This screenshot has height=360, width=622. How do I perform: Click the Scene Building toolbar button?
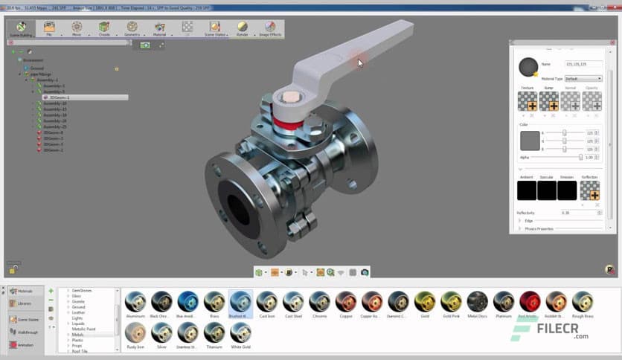(x=20, y=29)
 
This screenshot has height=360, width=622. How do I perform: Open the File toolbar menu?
(x=49, y=29)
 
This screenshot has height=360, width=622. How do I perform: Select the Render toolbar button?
(x=242, y=29)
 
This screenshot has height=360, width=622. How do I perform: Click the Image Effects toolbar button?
(x=269, y=29)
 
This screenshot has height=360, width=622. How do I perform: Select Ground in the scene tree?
(x=36, y=68)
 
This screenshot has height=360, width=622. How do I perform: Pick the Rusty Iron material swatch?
(x=135, y=332)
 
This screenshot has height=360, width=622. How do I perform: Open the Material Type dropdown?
(x=583, y=78)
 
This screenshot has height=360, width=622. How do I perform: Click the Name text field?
(x=582, y=65)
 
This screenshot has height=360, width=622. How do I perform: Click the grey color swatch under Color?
(x=530, y=141)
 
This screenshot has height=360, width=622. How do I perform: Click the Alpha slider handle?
(x=580, y=157)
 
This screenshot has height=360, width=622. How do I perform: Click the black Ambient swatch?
(x=527, y=190)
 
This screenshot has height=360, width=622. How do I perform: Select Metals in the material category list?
(x=78, y=335)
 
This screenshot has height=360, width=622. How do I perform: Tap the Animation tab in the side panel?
(x=24, y=344)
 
